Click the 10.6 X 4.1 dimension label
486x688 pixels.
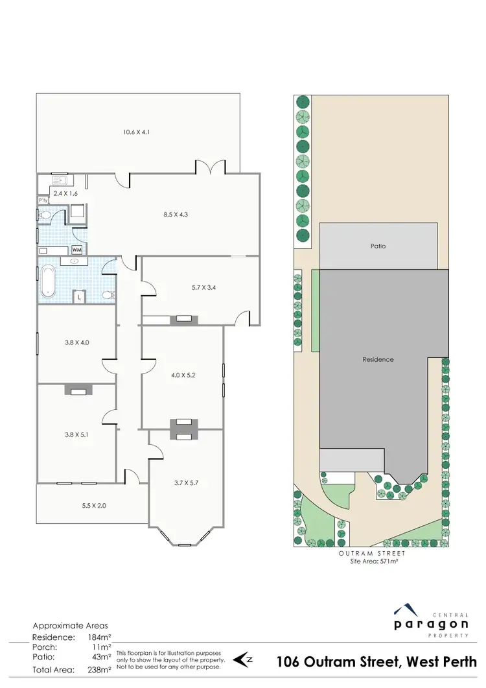pos(137,132)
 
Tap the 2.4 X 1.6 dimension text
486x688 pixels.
pos(66,193)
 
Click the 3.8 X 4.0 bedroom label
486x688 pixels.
pos(76,343)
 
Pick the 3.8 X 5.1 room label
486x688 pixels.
pos(76,435)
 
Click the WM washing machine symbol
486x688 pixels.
pos(76,250)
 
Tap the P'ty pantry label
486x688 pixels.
pos(43,201)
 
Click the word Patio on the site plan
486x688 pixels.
pos(378,246)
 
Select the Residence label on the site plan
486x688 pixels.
pos(378,359)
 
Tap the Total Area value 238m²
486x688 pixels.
pos(99,669)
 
